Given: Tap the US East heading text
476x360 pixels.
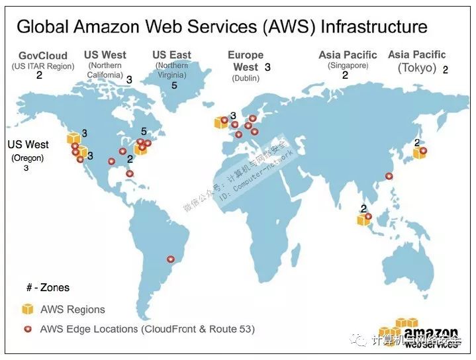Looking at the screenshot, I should pos(171,55).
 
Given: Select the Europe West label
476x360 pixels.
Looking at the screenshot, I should pos(246,61).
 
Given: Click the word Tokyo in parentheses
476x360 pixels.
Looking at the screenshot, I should pos(416,67).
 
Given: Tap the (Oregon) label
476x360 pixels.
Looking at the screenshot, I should pos(27,157).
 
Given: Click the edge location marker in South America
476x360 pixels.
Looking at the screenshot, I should pos(171,259).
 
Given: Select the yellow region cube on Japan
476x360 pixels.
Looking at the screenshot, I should pos(418,153).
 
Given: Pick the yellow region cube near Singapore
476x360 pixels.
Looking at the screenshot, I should pos(363,219).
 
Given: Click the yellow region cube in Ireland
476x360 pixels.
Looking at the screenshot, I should pos(220,122).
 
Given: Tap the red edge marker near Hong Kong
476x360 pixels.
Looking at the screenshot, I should pos(389,176).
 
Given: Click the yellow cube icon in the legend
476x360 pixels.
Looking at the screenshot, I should pos(27,309).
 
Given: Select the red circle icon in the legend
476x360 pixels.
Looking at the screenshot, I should pos(27,329).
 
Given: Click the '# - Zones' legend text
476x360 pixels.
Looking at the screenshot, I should pos(48,288).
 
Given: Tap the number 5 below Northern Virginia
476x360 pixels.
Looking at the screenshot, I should pos(173,85).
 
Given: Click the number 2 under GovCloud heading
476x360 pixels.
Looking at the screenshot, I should pos(39,75).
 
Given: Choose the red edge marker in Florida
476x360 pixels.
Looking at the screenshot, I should pos(129,173).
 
